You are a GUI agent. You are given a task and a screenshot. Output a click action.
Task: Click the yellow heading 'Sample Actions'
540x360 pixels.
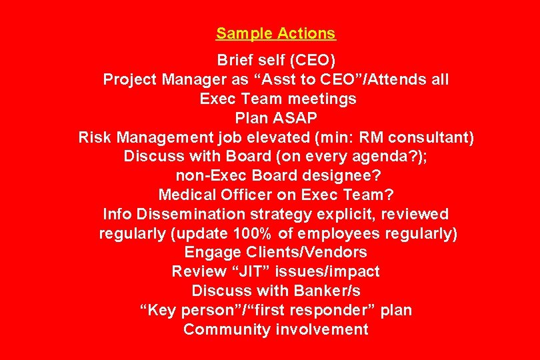coord(275,33)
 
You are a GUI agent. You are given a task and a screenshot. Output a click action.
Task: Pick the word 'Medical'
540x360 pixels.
coord(185,195)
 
